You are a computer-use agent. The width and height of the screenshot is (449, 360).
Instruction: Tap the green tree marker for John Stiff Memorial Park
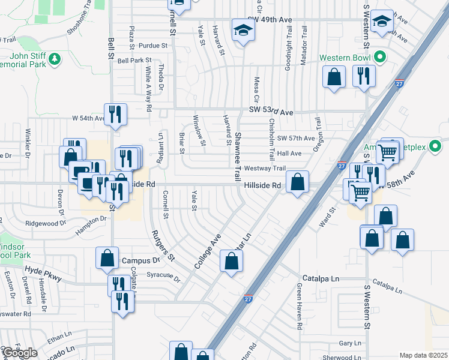[55, 58]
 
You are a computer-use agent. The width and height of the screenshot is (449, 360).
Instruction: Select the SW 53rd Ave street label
[271, 112]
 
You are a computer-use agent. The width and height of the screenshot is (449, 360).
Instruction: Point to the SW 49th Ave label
[269, 20]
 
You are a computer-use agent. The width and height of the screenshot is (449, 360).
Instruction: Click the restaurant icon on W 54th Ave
[115, 113]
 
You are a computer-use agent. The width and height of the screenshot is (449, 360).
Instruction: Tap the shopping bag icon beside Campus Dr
[107, 258]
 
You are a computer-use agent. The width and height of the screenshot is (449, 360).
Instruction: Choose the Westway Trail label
[264, 169]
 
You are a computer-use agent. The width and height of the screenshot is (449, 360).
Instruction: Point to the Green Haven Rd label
[298, 310]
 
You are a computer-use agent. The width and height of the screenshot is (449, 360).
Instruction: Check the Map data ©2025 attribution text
[423, 355]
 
